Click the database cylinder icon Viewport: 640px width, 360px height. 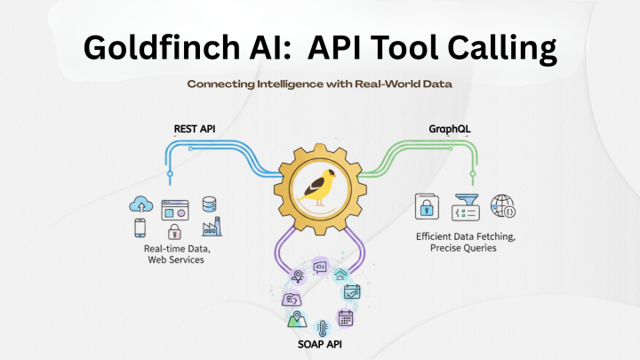coord(209,204)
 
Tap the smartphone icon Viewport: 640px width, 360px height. coord(141,229)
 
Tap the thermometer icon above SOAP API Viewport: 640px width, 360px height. coord(319,326)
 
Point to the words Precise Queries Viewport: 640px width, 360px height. coord(467,249)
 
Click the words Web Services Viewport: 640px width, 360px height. coord(177,260)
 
